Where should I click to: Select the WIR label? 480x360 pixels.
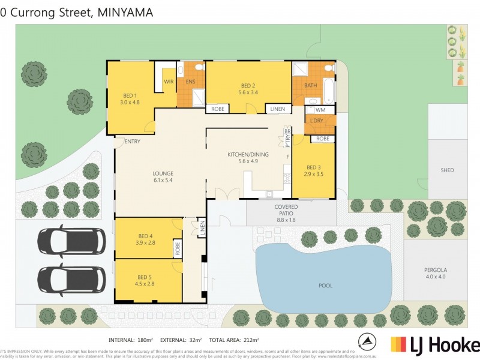169,81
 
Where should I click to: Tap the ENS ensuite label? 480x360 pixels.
191,81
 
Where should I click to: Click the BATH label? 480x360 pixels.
310,85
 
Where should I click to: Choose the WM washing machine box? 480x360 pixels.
320,110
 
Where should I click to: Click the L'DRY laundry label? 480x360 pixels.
316,121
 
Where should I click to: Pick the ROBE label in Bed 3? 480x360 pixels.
323,139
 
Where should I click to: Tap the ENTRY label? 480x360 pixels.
132,142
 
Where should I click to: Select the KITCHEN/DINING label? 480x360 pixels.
247,155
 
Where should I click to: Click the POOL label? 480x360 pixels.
325,286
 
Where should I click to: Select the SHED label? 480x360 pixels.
447,170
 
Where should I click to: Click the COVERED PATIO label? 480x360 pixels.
286,207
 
